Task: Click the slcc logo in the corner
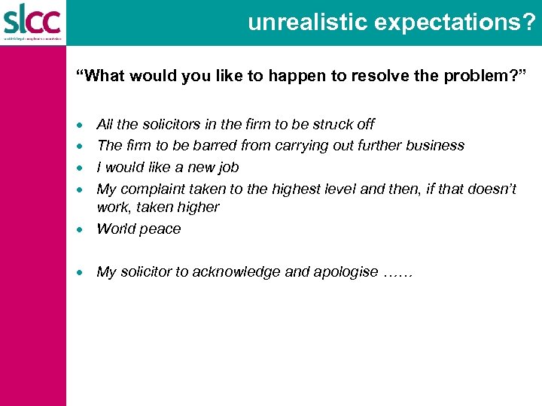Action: coord(32,20)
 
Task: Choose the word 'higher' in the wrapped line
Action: coord(200,207)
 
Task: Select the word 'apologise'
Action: coord(347,272)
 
